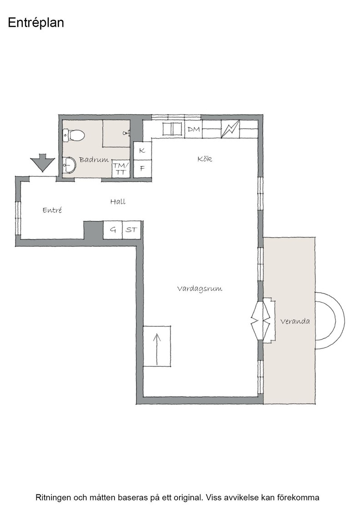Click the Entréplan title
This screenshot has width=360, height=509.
click(x=36, y=23)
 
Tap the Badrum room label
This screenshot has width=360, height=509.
click(x=94, y=160)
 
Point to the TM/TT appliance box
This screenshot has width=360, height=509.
click(x=121, y=169)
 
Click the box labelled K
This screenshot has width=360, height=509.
click(x=143, y=151)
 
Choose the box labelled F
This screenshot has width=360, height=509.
click(x=143, y=169)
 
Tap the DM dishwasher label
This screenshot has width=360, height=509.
click(x=194, y=130)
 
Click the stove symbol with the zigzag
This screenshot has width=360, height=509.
click(x=230, y=129)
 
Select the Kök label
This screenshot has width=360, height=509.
click(x=205, y=159)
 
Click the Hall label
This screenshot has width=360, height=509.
click(x=118, y=202)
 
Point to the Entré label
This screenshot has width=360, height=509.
click(x=52, y=210)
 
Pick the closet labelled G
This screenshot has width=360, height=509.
click(x=113, y=230)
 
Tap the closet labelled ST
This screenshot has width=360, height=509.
click(x=131, y=230)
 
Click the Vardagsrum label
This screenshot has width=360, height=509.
click(x=200, y=289)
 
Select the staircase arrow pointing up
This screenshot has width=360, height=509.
click(x=157, y=349)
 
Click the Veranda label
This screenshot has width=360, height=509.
click(x=295, y=321)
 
